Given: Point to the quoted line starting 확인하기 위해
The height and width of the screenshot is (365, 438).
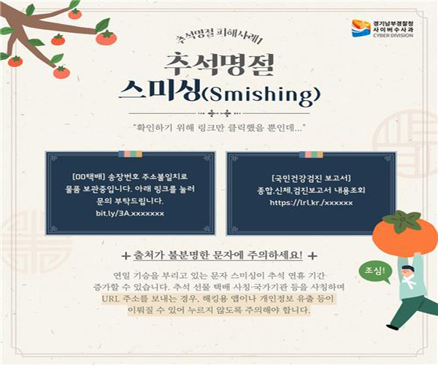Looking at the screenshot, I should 219,127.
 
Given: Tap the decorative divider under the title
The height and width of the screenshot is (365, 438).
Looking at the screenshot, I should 219,112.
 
